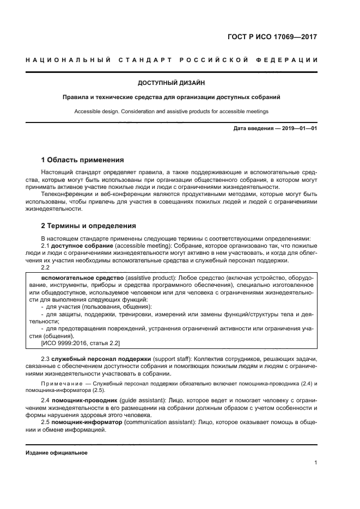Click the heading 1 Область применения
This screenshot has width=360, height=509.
pyautogui.click(x=83, y=160)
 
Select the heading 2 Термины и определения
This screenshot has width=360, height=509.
pyautogui.click(x=89, y=225)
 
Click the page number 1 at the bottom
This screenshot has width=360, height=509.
pyautogui.click(x=316, y=463)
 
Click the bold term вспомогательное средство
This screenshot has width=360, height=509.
pyautogui.click(x=76, y=277)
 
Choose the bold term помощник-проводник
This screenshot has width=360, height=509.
pyautogui.click(x=82, y=401)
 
